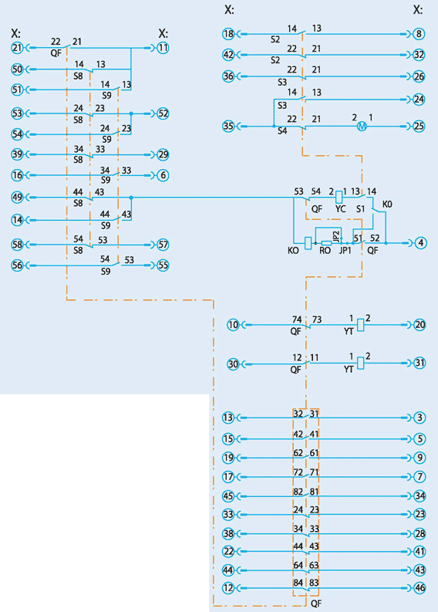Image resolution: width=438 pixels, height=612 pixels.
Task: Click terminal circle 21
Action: point(17,48)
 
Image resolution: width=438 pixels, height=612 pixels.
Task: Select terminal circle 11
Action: point(163,48)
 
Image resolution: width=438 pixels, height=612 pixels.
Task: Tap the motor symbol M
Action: point(362,126)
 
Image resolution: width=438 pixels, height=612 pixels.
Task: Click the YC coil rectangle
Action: point(339,196)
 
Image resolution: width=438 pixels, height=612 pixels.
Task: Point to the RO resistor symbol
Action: point(326,243)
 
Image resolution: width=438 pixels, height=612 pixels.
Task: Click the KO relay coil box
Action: point(308,243)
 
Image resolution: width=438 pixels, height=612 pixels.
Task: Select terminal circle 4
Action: point(420,243)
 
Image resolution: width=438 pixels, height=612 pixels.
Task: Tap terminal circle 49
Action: point(17,198)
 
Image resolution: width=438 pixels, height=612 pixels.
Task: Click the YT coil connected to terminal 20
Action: point(361,325)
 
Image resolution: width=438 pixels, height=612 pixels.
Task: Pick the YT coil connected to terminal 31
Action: point(361,363)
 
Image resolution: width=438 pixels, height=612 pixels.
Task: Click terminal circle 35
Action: point(228,126)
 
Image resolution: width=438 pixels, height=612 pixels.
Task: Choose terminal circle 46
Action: point(419,588)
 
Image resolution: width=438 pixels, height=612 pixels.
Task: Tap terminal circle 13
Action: point(228,418)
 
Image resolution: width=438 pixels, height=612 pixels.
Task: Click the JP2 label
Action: point(336,236)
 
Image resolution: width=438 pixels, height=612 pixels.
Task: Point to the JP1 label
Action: point(345,251)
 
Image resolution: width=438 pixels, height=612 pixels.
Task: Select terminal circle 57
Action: point(163,245)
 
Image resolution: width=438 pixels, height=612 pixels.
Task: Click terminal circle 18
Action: point(228,34)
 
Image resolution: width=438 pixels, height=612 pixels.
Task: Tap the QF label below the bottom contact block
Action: point(316,604)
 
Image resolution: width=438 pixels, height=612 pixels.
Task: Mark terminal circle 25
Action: point(419,126)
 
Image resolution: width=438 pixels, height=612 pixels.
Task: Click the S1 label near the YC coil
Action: point(360,209)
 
